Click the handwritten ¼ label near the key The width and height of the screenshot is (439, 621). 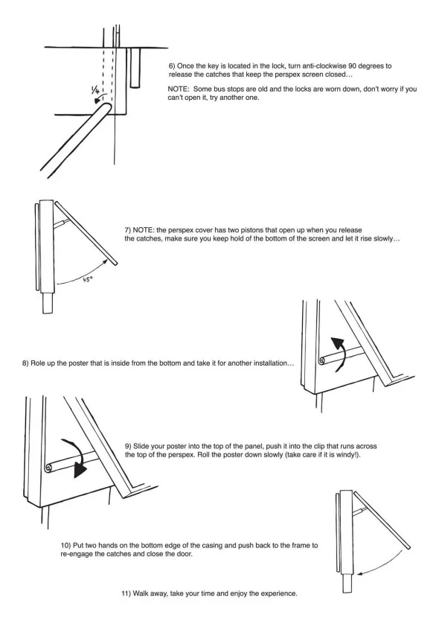pyautogui.click(x=95, y=90)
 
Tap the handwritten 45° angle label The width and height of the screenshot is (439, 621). pyautogui.click(x=88, y=279)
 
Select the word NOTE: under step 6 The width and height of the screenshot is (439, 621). pyautogui.click(x=179, y=89)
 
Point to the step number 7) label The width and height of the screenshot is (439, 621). pyautogui.click(x=128, y=230)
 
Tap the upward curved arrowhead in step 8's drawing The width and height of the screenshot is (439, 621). pyautogui.click(x=337, y=342)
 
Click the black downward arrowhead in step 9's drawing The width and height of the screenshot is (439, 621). pyautogui.click(x=81, y=470)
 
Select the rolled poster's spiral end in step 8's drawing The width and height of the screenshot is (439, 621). pyautogui.click(x=323, y=361)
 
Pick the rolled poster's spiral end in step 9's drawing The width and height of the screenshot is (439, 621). pyautogui.click(x=48, y=468)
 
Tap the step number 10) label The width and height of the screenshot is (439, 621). pyautogui.click(x=65, y=545)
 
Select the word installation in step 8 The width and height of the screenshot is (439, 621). pyautogui.click(x=270, y=363)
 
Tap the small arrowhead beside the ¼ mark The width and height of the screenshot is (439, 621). pyautogui.click(x=97, y=101)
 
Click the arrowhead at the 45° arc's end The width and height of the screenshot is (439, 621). pyautogui.click(x=106, y=259)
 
